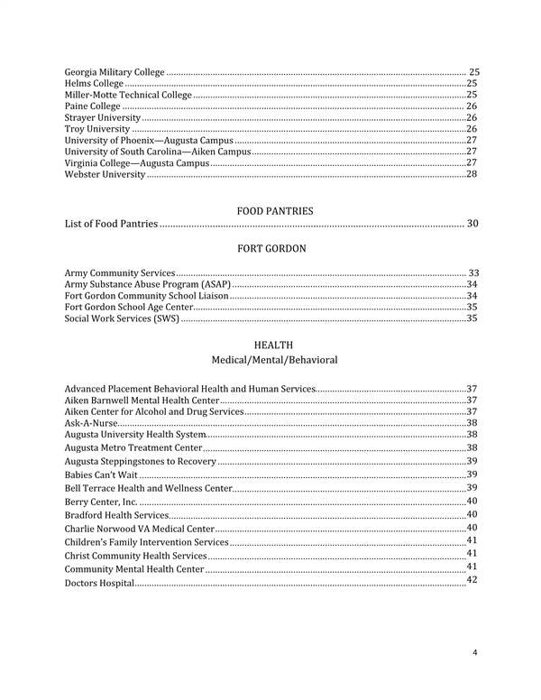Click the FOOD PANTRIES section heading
(275, 211)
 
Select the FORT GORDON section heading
(271, 248)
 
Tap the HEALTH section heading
(274, 345)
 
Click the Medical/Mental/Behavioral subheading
(274, 360)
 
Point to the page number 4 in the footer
(475, 653)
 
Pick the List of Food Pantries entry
(112, 224)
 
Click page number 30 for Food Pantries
(472, 223)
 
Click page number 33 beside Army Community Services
(472, 272)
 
